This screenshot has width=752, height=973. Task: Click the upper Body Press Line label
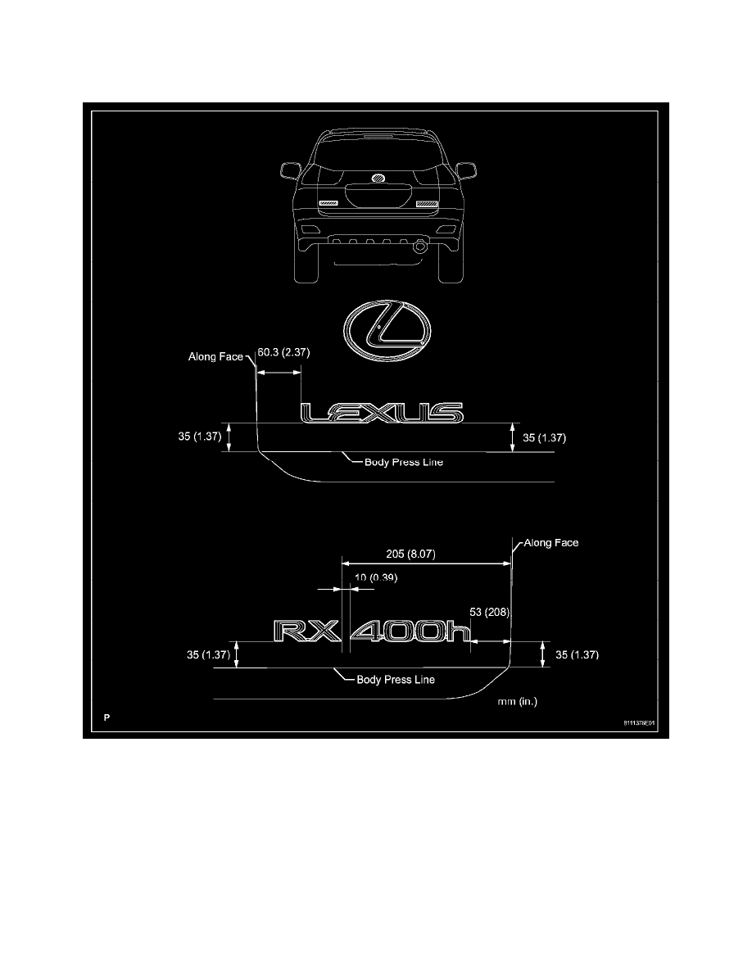pyautogui.click(x=404, y=462)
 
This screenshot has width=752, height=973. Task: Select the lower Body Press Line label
pyautogui.click(x=396, y=680)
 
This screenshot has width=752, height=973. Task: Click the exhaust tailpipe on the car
pyautogui.click(x=419, y=245)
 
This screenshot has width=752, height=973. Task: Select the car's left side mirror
pyautogui.click(x=289, y=170)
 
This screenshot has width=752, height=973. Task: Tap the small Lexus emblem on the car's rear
pyautogui.click(x=378, y=178)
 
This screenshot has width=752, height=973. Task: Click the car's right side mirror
pyautogui.click(x=467, y=170)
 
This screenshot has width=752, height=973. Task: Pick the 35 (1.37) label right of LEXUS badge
pyautogui.click(x=543, y=438)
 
